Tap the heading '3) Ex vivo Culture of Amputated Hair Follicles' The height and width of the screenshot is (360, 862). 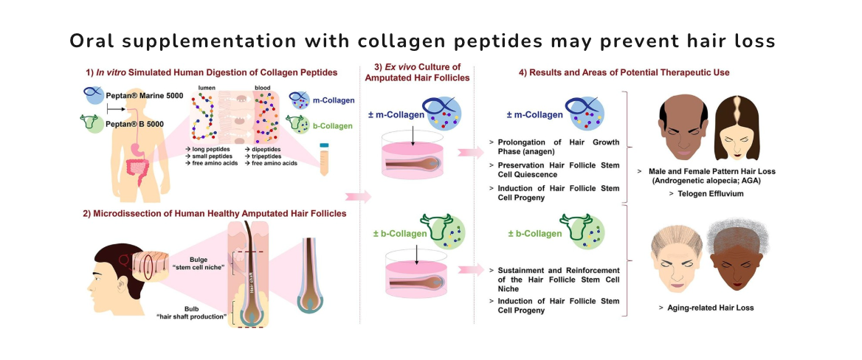[x=417, y=77]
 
